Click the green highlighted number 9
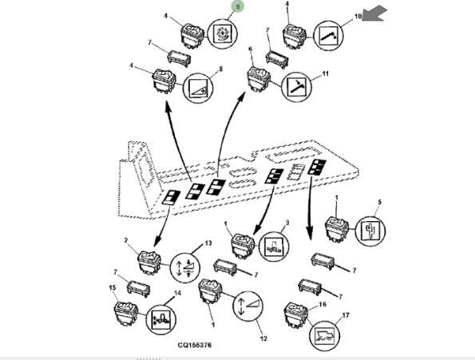[x=238, y=6]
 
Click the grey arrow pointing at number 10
[x=374, y=14]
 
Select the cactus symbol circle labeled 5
[x=370, y=231]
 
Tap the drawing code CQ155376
[x=195, y=345]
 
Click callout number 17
[x=346, y=315]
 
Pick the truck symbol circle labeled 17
[x=324, y=336]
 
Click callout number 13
[x=208, y=243]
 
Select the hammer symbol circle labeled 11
[x=296, y=87]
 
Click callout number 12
[x=263, y=338]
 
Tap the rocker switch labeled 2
[x=149, y=263]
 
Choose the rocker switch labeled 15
[x=126, y=314]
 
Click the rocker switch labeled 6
[x=259, y=79]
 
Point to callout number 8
[x=221, y=69]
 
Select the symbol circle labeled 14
[x=160, y=319]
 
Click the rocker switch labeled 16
[x=296, y=315]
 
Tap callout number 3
[x=287, y=223]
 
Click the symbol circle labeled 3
[x=274, y=247]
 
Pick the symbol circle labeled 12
[x=248, y=306]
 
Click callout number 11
[x=325, y=73]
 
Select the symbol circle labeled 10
[x=328, y=36]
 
